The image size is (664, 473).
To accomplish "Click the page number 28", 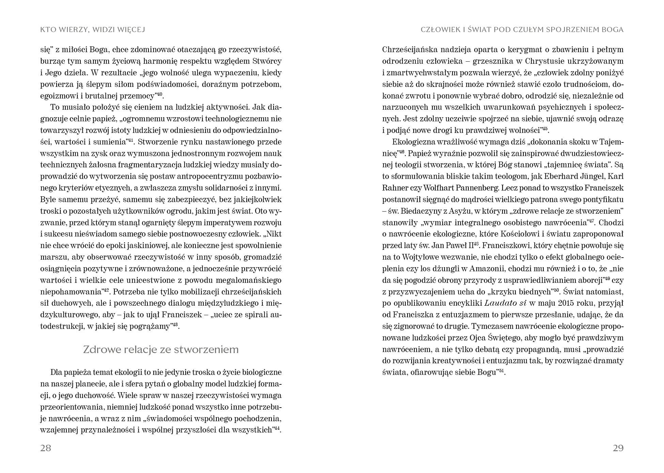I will coord(46,448).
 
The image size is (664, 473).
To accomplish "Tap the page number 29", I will coord(618,448).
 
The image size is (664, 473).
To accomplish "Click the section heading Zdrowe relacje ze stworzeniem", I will coord(161,350).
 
